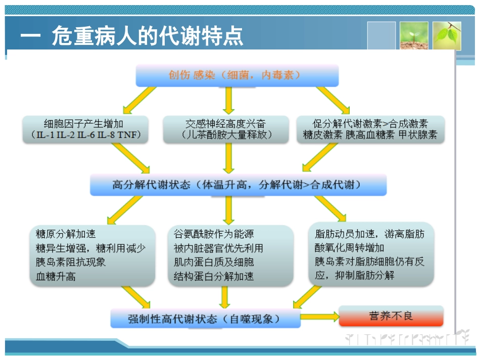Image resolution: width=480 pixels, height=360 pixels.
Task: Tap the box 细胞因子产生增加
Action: (85, 129)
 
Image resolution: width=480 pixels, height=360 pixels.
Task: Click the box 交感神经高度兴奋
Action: (226, 129)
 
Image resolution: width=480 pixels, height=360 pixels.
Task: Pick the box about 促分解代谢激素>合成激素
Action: (370, 129)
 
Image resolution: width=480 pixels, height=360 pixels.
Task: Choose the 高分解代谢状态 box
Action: (238, 185)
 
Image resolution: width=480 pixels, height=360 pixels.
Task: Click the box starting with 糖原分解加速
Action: (92, 255)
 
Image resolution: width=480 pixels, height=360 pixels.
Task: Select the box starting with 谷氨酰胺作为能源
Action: (230, 255)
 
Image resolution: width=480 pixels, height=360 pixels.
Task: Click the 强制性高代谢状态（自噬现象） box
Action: (205, 319)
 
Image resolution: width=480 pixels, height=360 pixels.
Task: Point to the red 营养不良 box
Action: (391, 316)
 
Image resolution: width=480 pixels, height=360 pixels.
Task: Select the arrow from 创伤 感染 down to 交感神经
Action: (228, 100)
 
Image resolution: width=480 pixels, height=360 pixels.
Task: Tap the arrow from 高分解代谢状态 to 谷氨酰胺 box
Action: (228, 210)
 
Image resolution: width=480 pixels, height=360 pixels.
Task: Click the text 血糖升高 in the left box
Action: (56, 276)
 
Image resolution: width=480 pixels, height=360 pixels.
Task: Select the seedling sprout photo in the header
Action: (414, 35)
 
